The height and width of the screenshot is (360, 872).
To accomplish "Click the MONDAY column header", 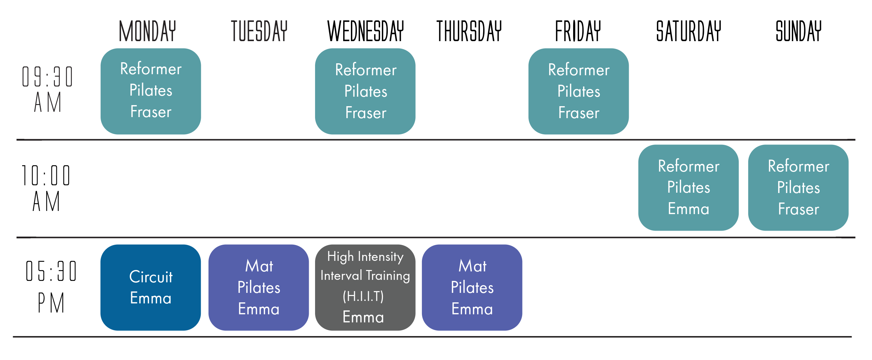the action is (x=147, y=31).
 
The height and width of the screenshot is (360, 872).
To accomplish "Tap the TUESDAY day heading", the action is (x=259, y=31).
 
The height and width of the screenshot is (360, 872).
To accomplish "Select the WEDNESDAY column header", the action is (x=366, y=31).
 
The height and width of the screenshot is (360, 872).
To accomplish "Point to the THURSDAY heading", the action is (x=469, y=31).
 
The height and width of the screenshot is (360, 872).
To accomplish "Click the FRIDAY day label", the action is (x=578, y=31).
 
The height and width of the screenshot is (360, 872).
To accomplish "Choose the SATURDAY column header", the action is (x=689, y=31).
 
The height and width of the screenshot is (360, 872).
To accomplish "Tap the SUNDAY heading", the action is (x=799, y=31).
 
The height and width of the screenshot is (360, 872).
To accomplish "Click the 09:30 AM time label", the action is (x=47, y=89).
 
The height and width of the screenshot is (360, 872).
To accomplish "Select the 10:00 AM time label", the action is (x=46, y=188).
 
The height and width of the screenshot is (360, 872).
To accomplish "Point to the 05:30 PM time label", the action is (x=51, y=287).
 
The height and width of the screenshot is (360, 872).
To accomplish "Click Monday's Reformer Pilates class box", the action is (x=151, y=91).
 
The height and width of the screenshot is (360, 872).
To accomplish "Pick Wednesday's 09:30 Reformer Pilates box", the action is (x=365, y=91).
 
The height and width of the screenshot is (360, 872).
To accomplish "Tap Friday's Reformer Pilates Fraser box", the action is (x=579, y=91).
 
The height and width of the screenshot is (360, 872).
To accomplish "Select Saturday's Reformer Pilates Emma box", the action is (x=688, y=188).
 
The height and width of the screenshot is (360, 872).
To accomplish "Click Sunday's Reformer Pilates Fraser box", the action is (x=799, y=188).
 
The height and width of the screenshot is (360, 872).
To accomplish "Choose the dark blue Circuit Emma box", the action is (x=151, y=288).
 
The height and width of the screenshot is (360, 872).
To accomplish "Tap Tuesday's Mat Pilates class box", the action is (x=259, y=288).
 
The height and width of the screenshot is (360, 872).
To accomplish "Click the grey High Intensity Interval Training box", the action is (x=365, y=288).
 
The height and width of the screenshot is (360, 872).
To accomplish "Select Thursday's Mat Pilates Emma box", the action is (x=472, y=288).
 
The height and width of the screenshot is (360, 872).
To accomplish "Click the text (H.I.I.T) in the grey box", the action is (x=363, y=296).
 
